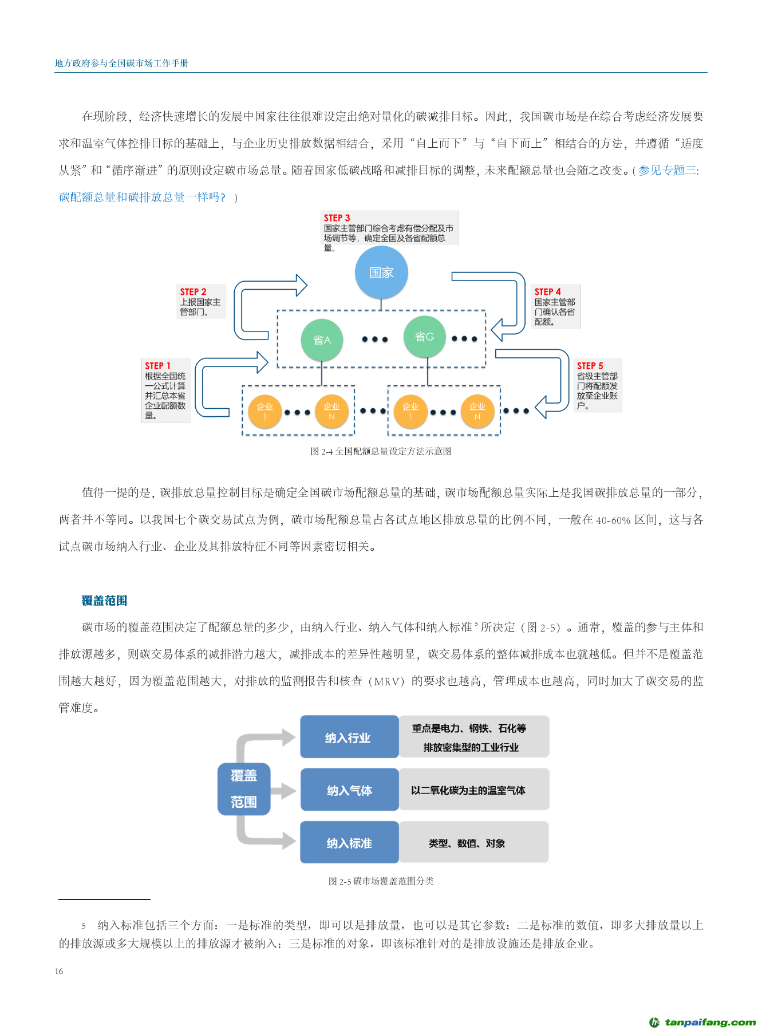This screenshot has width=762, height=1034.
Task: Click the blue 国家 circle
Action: click(381, 273)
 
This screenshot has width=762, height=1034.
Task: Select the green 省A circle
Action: click(322, 340)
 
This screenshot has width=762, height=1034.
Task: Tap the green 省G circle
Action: click(424, 337)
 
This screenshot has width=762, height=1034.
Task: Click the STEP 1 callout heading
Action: click(157, 366)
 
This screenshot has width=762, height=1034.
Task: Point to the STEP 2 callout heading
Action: click(193, 292)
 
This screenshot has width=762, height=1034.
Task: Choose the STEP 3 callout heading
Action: click(337, 218)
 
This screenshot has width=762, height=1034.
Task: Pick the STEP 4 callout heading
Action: click(547, 292)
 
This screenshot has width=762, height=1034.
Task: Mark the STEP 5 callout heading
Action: click(590, 366)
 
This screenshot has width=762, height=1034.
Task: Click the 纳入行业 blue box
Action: click(349, 737)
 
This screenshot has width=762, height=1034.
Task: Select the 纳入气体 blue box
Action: click(349, 790)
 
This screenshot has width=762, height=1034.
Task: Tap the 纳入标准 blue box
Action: click(349, 843)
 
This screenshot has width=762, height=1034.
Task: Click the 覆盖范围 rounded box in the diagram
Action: click(244, 789)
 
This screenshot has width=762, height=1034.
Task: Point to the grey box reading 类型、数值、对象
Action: click(473, 843)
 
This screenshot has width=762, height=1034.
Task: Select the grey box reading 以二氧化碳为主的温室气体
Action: click(473, 790)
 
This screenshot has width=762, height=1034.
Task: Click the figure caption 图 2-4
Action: click(381, 451)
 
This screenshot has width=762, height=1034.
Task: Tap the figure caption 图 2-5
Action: click(381, 881)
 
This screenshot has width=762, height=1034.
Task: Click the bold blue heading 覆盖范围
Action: click(104, 601)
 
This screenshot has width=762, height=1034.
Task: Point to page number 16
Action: click(59, 971)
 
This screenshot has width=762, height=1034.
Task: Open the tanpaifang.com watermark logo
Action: click(702, 1022)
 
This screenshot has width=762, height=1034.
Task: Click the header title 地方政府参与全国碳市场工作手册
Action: click(121, 63)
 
